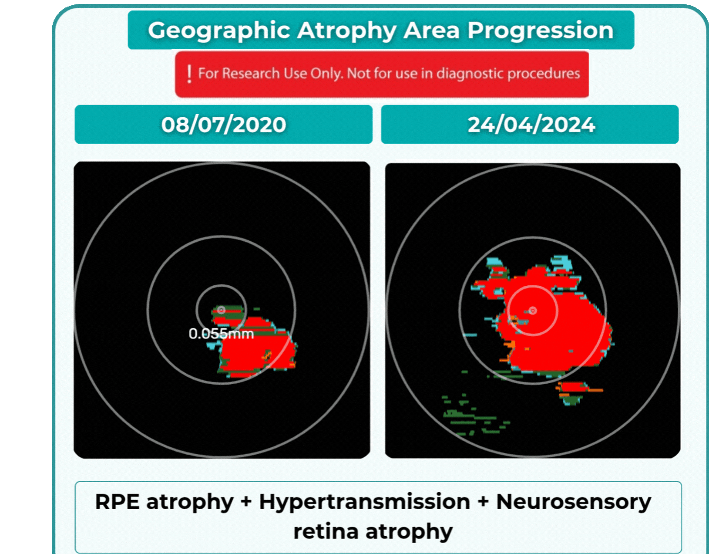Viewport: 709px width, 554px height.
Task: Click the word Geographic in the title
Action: pos(219,31)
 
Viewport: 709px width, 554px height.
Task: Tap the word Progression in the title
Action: pos(540,31)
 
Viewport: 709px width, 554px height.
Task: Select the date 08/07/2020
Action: pos(224,125)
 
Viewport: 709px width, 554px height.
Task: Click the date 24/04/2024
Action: pos(531,125)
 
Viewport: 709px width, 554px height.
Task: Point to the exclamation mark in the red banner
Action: pos(189,74)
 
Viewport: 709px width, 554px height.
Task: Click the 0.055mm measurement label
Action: pos(221,334)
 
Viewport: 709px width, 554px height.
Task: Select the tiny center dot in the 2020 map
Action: pos(221,310)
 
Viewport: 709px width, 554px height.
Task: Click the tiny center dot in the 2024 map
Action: pos(533,311)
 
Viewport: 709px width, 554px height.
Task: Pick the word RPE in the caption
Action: pos(117,502)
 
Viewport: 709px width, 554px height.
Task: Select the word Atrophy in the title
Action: pos(346,31)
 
